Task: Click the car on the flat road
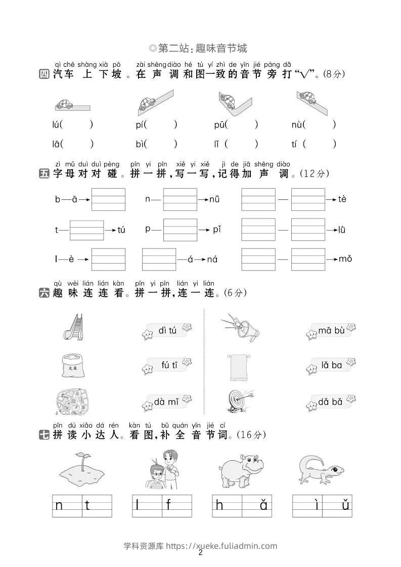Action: coord(64,104)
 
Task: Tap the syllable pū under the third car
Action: coord(219,125)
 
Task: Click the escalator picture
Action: coord(74,327)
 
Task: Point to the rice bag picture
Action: coord(73,366)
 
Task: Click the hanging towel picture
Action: coord(239,367)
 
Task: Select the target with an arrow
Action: coord(239,402)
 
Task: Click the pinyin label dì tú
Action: coord(167,330)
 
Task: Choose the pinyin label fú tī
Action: coord(169,365)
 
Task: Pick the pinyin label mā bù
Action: coord(331,330)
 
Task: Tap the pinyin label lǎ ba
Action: coord(332,365)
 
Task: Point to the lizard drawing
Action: coord(321,469)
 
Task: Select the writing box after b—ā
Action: coord(108,199)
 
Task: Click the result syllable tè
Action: coord(342,199)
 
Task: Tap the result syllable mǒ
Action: coord(345,259)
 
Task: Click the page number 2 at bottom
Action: coord(201,552)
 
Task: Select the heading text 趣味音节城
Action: coord(221,48)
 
